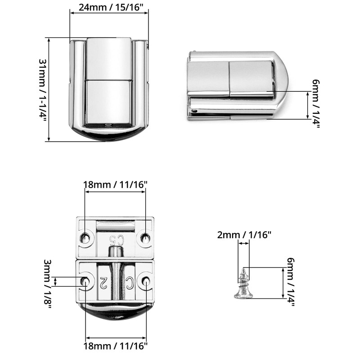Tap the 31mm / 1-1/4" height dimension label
click(43, 89)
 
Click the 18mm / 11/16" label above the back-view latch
click(115, 184)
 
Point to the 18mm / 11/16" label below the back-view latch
click(115, 346)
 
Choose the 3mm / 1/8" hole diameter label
click(48, 284)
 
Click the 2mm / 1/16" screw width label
click(244, 235)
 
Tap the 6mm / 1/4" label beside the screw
click(290, 282)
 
